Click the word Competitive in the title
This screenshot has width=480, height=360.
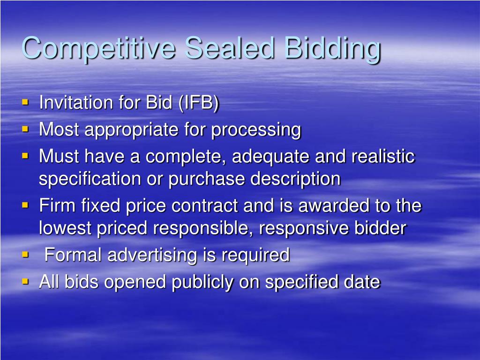[98, 48]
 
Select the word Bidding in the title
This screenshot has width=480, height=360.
[332, 49]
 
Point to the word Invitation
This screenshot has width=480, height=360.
[76, 102]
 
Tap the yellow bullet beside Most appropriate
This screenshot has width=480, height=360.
[25, 129]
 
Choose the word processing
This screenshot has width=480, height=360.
[256, 130]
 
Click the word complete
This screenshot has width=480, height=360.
[186, 157]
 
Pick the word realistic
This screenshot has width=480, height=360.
[383, 156]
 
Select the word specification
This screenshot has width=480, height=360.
[90, 179]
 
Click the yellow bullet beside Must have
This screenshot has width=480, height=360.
[25, 156]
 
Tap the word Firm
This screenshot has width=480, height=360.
[57, 205]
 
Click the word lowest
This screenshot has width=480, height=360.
[65, 228]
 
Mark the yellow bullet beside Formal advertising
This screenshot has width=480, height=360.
[25, 255]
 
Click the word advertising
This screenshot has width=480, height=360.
[152, 255]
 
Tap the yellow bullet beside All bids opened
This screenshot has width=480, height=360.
[25, 281]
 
